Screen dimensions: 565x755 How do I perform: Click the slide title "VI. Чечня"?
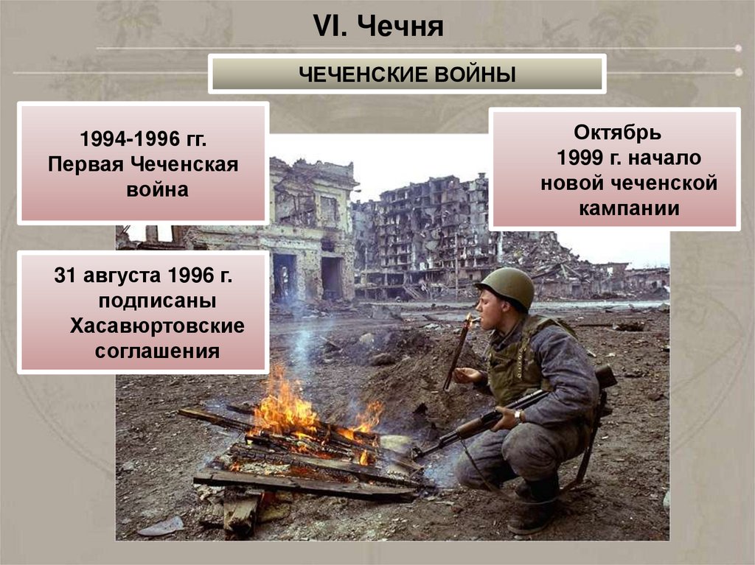pos(378,27)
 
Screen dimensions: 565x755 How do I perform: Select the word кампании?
pos(628,208)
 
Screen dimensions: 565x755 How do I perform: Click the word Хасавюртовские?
pos(157,326)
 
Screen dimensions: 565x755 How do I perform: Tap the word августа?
pos(121,276)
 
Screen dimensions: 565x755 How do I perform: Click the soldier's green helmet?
pos(507,285)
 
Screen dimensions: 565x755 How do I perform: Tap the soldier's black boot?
pos(535,508)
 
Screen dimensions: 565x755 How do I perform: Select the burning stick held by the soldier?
pos(459,351)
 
